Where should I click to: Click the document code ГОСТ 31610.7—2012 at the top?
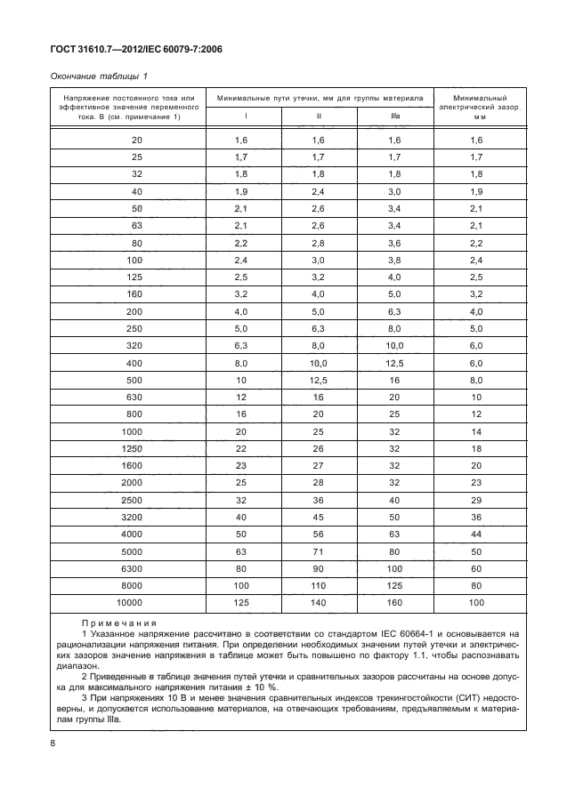coord(99,50)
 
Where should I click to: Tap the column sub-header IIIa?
coord(394,115)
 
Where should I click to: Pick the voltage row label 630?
coord(135,398)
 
